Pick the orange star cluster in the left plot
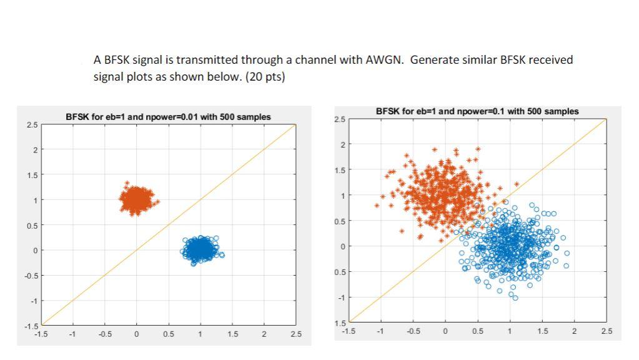137,200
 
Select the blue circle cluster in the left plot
201,249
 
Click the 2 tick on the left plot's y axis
35,150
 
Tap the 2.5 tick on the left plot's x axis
295,334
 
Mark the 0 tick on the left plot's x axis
136,334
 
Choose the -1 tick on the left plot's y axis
34,301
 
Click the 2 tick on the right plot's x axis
574,330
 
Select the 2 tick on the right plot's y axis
342,144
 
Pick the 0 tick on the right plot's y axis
342,246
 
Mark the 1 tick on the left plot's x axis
200,334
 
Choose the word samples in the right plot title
562,111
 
